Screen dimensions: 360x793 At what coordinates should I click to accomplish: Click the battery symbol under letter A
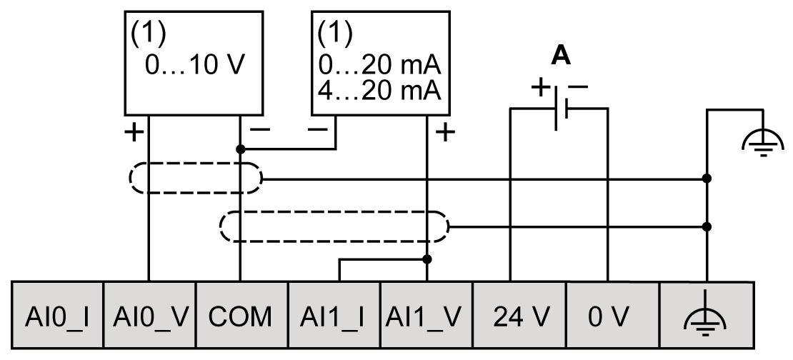(x=560, y=109)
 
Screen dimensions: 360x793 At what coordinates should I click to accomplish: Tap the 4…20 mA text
(x=379, y=91)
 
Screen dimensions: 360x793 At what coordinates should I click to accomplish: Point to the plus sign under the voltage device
(x=133, y=132)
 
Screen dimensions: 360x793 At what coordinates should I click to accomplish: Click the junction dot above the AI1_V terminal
(x=427, y=259)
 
